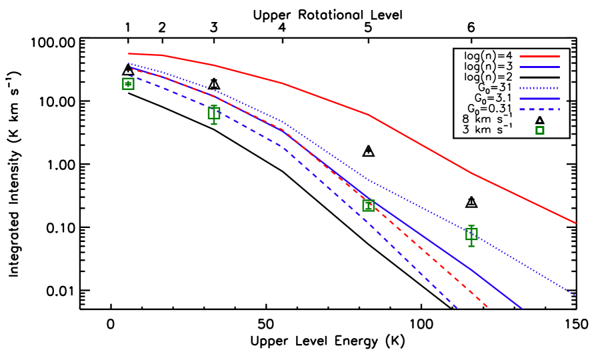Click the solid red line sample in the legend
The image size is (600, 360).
539,57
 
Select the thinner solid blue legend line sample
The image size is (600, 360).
539,67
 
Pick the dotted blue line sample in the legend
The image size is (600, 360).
539,88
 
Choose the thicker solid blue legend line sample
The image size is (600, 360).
539,99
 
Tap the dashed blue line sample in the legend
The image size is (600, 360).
539,109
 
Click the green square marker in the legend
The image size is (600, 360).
539,131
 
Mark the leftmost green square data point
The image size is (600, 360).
128,83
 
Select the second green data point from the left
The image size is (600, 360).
214,113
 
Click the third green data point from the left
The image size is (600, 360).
368,205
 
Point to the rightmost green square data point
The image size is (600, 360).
471,234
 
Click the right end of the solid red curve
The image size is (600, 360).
575,223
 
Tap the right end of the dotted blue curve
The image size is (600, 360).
575,295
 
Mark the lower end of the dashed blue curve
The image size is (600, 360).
457,308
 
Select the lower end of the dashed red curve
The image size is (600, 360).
488,307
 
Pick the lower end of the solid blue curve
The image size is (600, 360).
522,309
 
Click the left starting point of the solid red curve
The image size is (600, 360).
129,53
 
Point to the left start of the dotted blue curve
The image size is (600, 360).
129,63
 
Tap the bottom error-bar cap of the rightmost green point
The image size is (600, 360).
471,246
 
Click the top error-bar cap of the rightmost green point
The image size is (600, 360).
471,226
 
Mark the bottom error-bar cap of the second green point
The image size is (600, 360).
214,124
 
